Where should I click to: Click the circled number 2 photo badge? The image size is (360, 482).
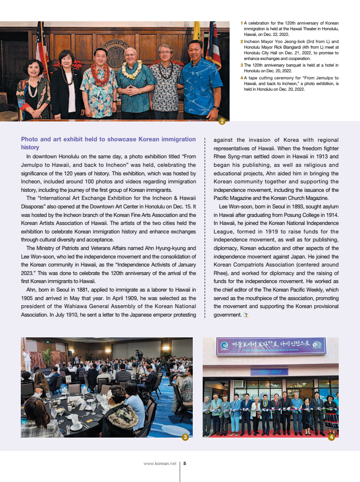pos(222,121)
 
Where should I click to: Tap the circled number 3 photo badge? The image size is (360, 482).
pos(186,438)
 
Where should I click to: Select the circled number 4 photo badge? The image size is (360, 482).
pos(332,438)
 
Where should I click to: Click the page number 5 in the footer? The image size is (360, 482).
pos(185,464)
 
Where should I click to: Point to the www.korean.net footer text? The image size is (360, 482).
pos(160,464)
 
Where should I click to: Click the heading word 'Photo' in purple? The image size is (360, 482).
pos(30,139)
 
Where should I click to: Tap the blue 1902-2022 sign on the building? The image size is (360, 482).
pos(269,371)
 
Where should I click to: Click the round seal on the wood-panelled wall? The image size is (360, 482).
pos(113,52)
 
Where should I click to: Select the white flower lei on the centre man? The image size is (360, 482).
pos(132,70)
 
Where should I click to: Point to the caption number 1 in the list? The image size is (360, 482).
pos(242,23)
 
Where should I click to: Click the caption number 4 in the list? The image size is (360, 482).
pos(242,77)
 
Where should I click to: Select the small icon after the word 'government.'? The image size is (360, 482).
pos(246,315)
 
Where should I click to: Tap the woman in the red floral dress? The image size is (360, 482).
pos(32,92)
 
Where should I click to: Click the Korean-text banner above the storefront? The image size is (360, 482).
pos(270,346)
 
